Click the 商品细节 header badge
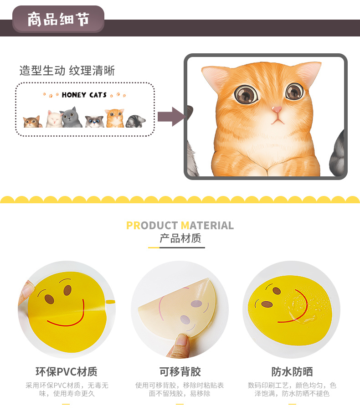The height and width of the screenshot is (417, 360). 58,19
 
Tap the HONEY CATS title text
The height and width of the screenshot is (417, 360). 84,95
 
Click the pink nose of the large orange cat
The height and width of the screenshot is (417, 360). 277,109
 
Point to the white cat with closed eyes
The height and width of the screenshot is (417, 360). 54,119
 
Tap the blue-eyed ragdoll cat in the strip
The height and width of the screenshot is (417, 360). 94,122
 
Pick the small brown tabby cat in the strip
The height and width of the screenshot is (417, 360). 32,122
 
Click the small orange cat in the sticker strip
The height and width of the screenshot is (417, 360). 115,118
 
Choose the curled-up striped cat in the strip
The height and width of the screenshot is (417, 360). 135,121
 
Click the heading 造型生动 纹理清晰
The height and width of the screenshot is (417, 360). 67,71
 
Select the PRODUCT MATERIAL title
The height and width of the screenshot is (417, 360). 180,226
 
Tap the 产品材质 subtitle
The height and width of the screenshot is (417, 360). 180,238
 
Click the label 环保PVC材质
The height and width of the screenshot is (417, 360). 67,371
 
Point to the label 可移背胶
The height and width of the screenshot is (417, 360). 180,371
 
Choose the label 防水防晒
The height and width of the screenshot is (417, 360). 292,371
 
